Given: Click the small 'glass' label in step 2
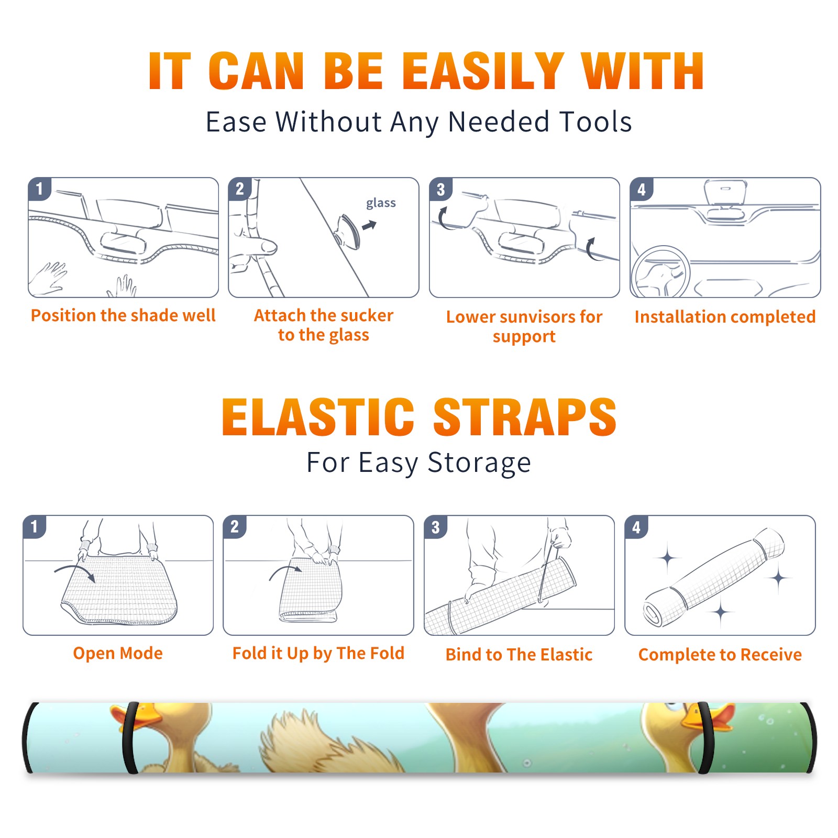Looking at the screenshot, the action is (x=381, y=203).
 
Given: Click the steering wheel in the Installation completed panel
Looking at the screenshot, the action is (x=660, y=271).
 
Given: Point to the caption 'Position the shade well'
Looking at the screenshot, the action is (x=123, y=315).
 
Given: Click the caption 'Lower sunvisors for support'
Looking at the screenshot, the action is (x=524, y=326).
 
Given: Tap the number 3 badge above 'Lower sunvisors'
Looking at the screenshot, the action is (x=440, y=189).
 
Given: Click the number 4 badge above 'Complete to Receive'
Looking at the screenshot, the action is (x=636, y=527).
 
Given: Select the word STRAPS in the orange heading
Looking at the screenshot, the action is (x=525, y=417).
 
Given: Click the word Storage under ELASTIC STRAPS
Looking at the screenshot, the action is (x=479, y=464).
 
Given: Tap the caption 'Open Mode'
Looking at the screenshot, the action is (x=118, y=653).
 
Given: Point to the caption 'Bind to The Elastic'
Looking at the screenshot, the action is (x=519, y=655).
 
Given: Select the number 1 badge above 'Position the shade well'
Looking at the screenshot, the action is (x=39, y=189).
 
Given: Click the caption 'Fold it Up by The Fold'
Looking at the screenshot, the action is (x=318, y=653).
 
